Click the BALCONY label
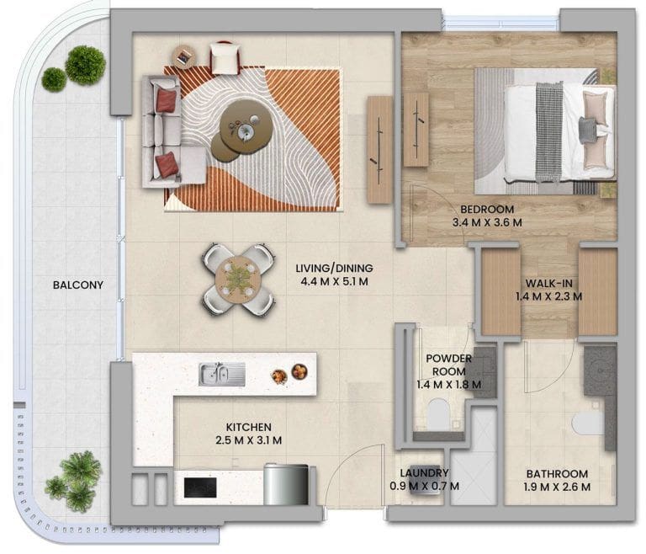(78, 285)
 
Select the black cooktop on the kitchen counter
(200, 487)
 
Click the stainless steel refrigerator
(286, 484)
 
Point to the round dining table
(238, 280)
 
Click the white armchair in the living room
(225, 58)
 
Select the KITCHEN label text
(248, 428)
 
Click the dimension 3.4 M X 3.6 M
(487, 223)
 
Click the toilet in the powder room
(438, 414)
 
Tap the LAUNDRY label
(424, 472)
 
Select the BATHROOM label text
(557, 473)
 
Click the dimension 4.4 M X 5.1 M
(334, 282)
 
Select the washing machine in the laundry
(419, 487)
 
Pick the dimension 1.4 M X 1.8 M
(448, 385)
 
